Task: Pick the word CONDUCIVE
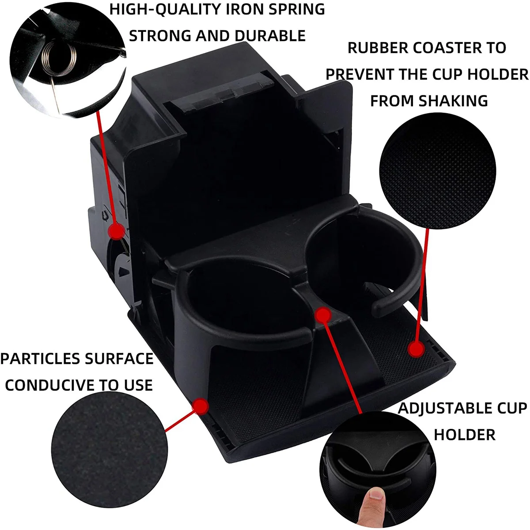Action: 47,385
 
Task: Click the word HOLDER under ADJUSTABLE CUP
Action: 465,435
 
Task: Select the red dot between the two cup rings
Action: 324,314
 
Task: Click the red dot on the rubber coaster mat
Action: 416,349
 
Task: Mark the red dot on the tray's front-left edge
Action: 201,405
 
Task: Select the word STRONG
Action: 159,36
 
